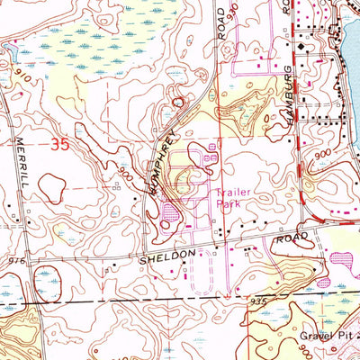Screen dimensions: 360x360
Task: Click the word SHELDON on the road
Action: coord(166,256)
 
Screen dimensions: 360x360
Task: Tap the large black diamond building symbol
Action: coord(301,45)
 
